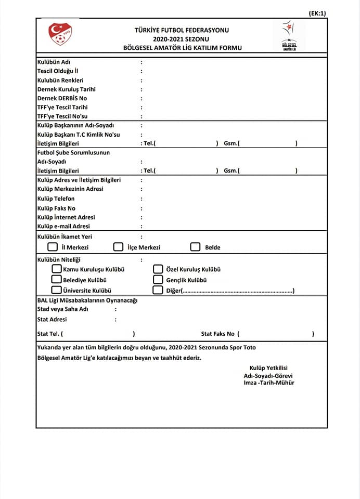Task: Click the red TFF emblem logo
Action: (x=60, y=34)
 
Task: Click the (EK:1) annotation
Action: (x=317, y=14)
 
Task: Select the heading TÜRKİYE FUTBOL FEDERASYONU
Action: (x=182, y=30)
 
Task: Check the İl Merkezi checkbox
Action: (x=53, y=247)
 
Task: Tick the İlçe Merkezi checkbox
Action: (x=118, y=247)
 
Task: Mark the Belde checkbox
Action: (x=195, y=247)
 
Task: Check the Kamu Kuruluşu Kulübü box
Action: (x=56, y=269)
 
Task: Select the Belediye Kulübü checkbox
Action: (x=56, y=280)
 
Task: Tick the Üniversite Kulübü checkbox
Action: (x=56, y=290)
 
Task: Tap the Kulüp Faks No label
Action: (x=57, y=208)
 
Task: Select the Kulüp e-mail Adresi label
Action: (x=63, y=226)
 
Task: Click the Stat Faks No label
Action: (x=218, y=334)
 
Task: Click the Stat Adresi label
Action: (x=52, y=320)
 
